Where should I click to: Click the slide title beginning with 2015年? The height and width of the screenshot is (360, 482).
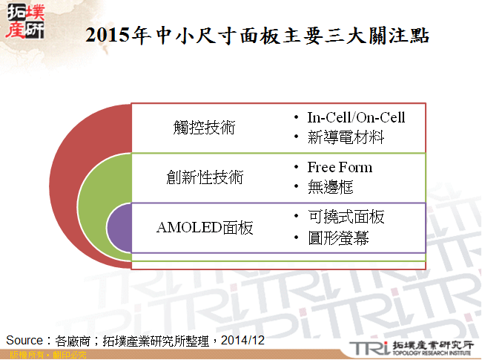(257, 36)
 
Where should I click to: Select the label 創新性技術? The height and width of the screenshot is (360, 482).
(205, 177)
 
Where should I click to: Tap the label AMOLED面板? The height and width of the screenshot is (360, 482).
(205, 228)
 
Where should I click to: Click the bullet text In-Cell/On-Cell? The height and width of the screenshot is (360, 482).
(356, 117)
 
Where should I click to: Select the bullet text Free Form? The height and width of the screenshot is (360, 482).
(340, 167)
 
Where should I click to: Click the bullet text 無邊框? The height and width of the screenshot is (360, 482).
(330, 187)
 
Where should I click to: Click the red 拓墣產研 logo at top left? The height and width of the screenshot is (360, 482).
(24, 21)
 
